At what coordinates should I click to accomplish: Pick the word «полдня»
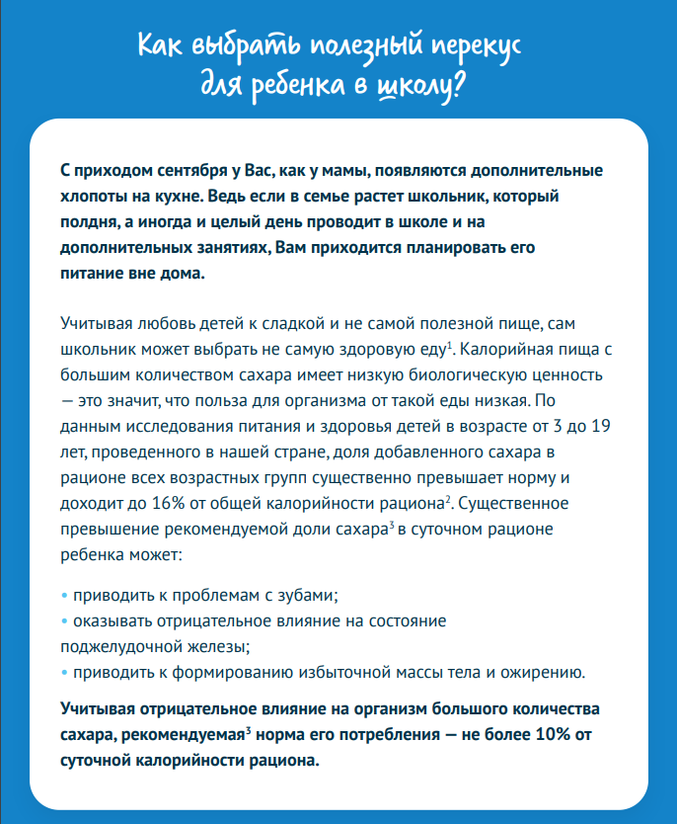coord(89,221)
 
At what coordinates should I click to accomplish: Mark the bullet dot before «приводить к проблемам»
coord(64,596)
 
